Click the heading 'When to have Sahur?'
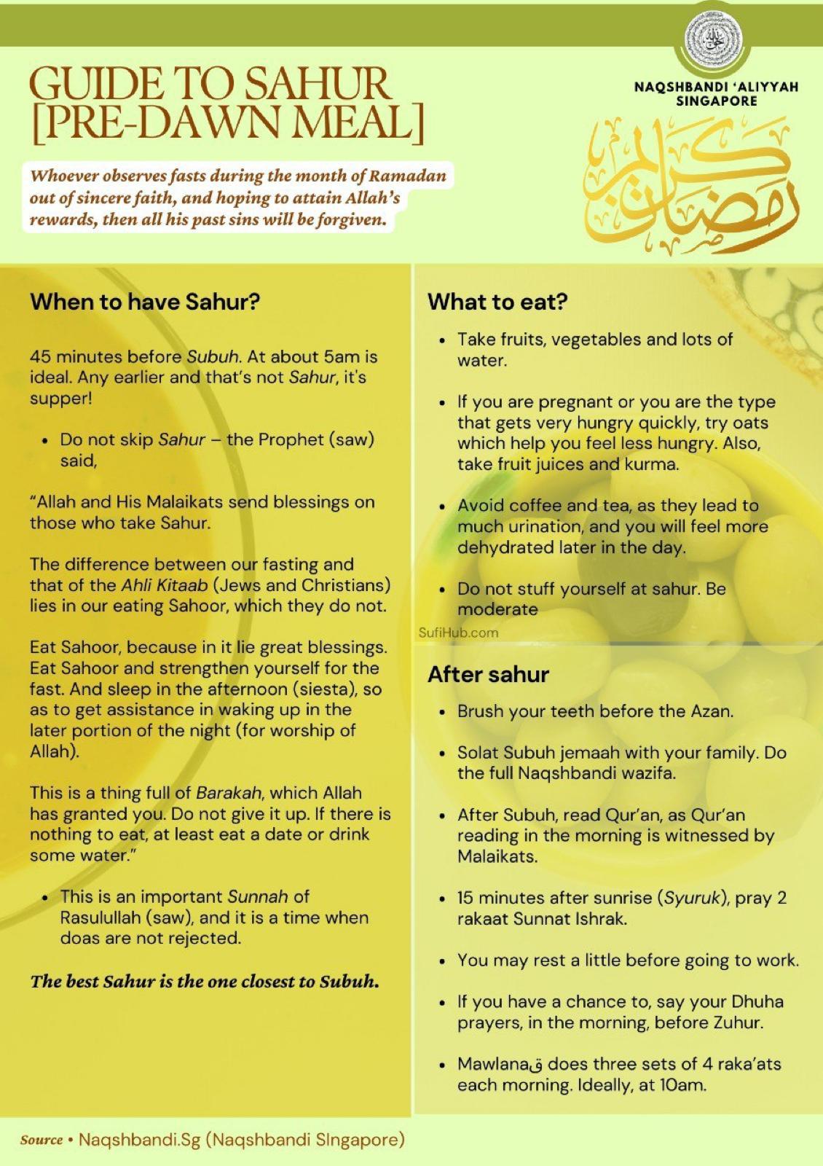(145, 302)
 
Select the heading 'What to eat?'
(497, 302)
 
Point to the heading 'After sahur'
(488, 674)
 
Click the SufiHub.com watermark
(459, 633)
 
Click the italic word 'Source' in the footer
(42, 1140)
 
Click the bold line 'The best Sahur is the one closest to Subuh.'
(205, 981)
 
